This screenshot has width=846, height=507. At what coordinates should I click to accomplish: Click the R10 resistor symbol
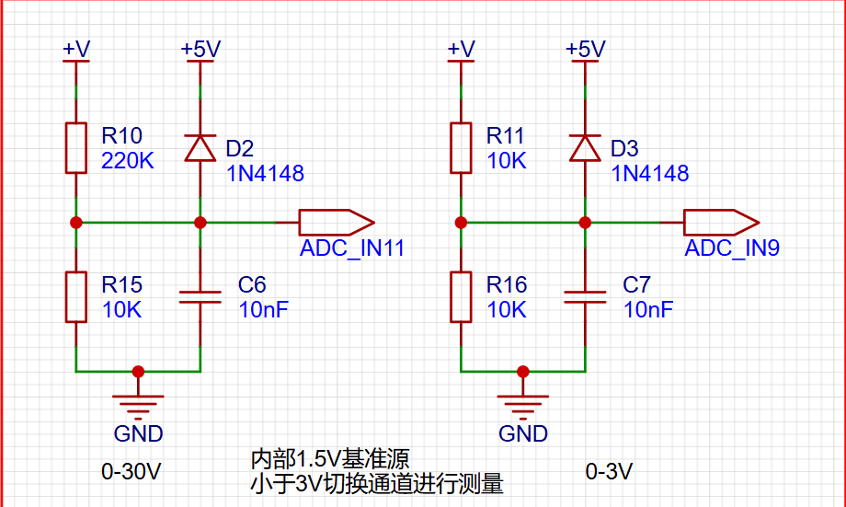(76, 148)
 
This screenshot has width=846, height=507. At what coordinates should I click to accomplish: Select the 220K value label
(127, 161)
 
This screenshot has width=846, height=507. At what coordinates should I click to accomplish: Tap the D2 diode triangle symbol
(200, 148)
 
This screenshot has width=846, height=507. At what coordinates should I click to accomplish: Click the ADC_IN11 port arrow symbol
(337, 223)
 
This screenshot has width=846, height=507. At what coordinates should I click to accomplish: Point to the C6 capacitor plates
(200, 297)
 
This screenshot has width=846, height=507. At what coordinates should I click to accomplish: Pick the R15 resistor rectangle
(76, 297)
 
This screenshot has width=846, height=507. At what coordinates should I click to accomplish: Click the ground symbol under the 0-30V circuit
(138, 407)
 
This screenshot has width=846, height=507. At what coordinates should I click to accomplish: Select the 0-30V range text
(131, 472)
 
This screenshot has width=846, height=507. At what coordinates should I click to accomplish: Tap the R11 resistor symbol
(461, 148)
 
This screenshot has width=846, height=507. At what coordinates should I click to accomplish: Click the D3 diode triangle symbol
(585, 148)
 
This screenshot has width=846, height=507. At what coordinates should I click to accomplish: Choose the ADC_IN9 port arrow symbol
(721, 223)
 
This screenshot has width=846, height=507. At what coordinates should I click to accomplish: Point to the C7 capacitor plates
(585, 297)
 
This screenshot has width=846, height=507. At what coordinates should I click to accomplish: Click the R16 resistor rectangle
(461, 297)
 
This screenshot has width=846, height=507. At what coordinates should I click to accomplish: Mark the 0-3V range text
(609, 472)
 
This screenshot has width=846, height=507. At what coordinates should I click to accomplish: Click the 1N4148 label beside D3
(649, 173)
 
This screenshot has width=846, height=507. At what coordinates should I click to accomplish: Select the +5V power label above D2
(200, 49)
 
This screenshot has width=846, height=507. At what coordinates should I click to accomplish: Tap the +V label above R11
(462, 49)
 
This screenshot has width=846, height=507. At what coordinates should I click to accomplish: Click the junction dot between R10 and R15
(76, 223)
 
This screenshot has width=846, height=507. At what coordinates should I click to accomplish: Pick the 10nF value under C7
(648, 310)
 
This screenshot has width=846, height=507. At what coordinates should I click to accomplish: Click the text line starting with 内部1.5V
(330, 459)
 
